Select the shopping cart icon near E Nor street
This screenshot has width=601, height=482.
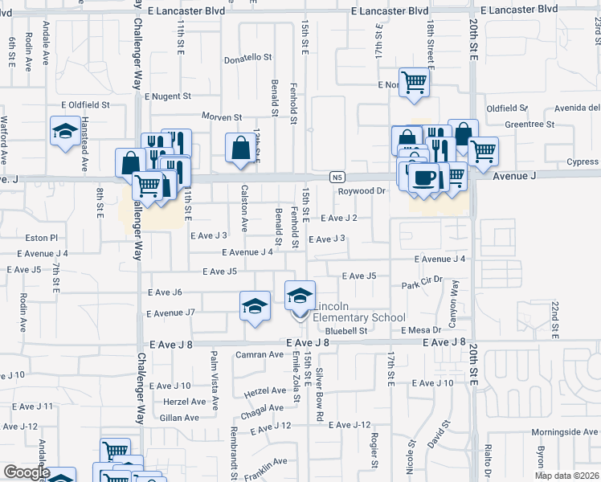[x=414, y=80]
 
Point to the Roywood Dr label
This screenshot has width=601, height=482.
[x=362, y=191]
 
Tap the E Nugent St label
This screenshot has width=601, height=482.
[x=168, y=96]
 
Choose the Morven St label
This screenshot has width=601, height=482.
[x=222, y=117]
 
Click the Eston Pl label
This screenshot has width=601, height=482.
[x=43, y=238]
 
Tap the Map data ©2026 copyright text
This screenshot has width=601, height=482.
[x=567, y=476]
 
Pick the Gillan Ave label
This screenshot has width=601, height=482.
[x=180, y=418]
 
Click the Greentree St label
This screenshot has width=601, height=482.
[x=529, y=125]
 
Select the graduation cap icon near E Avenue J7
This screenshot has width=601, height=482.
[x=255, y=306]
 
